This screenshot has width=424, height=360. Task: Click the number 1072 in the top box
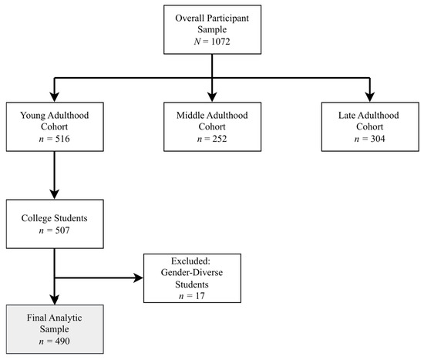(x=220, y=42)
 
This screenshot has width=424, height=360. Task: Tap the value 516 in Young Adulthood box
(x=62, y=139)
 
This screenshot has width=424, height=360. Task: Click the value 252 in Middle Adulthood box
(x=220, y=139)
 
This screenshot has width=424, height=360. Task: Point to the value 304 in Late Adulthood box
(x=378, y=139)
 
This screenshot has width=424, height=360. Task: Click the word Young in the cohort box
(x=32, y=116)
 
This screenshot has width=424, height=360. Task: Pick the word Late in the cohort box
(x=347, y=115)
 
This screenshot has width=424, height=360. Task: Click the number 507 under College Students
(x=62, y=230)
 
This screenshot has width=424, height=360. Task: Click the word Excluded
(x=190, y=261)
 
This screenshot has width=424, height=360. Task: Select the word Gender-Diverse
(x=192, y=272)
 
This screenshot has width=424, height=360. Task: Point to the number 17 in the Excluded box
(x=200, y=295)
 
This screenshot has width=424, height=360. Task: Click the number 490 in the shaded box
(x=62, y=341)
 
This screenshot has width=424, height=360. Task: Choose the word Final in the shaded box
(x=35, y=318)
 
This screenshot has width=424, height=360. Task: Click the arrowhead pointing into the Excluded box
(x=138, y=278)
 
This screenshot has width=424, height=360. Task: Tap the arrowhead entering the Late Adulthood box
(x=369, y=97)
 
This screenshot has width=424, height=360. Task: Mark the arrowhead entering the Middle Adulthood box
(x=212, y=97)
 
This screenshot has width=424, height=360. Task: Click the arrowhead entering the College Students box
(x=55, y=194)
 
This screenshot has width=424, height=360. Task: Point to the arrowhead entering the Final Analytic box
(x=55, y=300)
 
